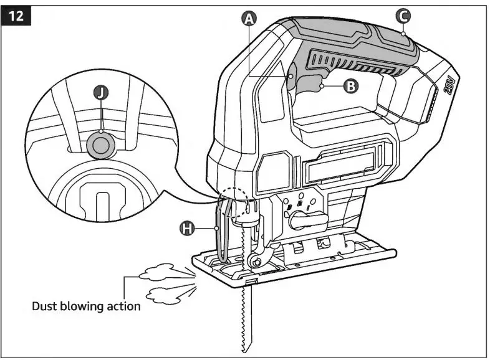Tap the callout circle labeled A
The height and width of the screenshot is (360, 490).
249,19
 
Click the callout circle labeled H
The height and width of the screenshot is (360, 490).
186,229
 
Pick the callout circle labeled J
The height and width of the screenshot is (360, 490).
101,93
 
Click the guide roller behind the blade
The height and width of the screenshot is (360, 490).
254,261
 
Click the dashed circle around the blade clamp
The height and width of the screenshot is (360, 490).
235,203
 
